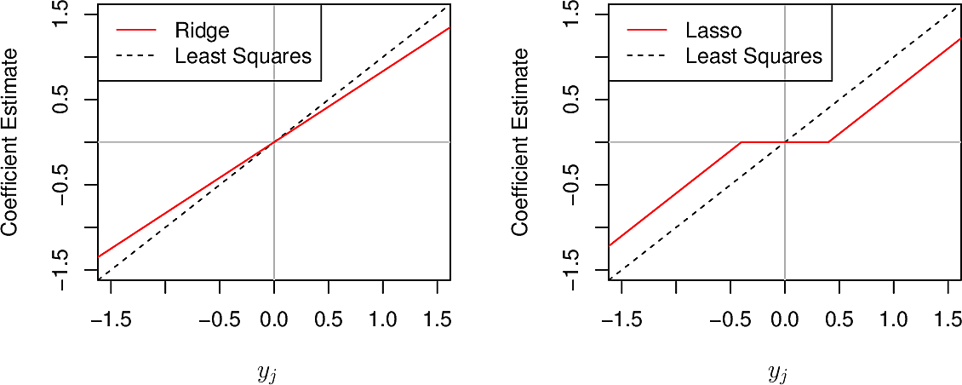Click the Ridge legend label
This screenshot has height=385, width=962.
pyautogui.click(x=202, y=31)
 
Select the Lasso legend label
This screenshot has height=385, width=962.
pyautogui.click(x=713, y=31)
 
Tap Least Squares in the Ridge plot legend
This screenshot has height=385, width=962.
pyautogui.click(x=243, y=56)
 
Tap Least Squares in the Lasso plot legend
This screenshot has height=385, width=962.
pyautogui.click(x=753, y=56)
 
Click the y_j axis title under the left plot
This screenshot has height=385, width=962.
pyautogui.click(x=267, y=373)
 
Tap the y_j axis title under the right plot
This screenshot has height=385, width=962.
pyautogui.click(x=778, y=373)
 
